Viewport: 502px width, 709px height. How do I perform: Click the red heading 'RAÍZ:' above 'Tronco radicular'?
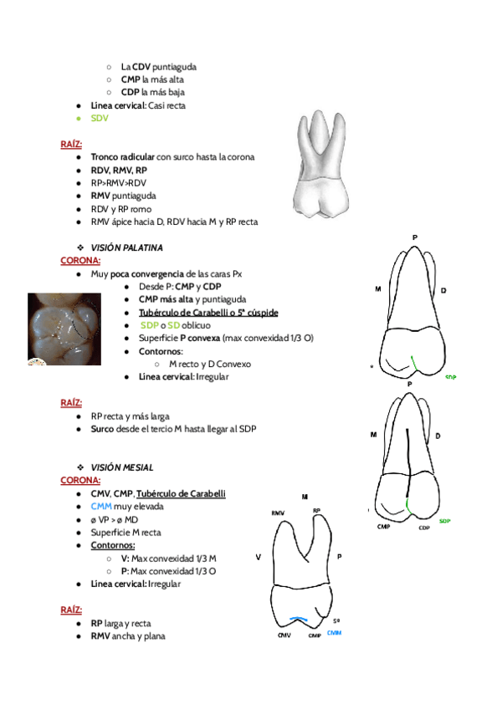pos(71,145)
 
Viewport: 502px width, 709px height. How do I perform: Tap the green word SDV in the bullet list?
pos(100,119)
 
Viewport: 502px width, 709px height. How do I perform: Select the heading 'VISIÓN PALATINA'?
pos(126,248)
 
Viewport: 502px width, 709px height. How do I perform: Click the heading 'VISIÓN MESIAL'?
pos(122,467)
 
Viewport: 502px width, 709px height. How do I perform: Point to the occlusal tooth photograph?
pos(59,329)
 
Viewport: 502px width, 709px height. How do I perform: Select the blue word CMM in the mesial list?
pos(101,507)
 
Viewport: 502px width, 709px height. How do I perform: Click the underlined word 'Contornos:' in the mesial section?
pos(112,545)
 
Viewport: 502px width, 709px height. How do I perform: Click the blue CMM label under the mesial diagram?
pos(335,633)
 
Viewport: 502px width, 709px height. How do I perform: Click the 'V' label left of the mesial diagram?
pos(259,556)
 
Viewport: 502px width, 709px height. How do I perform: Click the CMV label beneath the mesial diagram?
pos(284,635)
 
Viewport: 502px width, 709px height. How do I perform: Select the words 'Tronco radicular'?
pos(122,157)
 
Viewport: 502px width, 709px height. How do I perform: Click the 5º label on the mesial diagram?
pos(336,621)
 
